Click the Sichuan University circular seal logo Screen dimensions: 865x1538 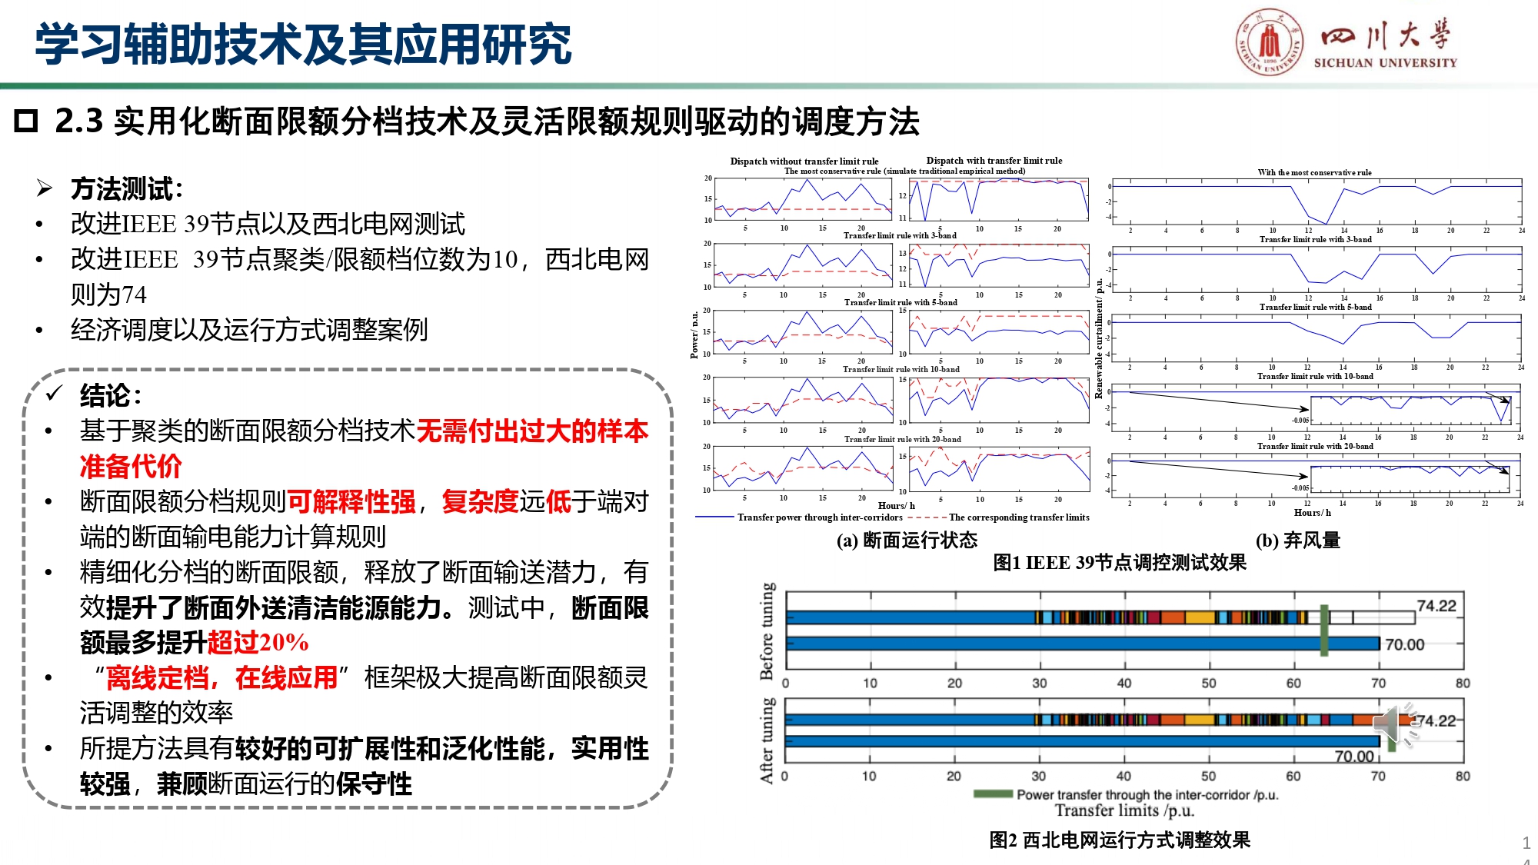point(1270,42)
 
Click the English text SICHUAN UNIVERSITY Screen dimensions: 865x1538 point(1385,63)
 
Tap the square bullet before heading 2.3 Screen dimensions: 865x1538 point(26,121)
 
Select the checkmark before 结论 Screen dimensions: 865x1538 point(54,394)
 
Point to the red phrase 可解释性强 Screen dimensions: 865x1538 point(351,502)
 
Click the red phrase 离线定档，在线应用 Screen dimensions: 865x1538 point(221,677)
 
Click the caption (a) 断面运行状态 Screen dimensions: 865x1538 point(907,541)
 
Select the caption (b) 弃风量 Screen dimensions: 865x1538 point(1297,541)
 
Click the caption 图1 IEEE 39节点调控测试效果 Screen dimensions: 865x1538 point(1119,563)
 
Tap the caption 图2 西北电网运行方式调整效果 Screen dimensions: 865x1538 point(1119,840)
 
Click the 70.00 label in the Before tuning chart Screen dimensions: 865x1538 point(1404,644)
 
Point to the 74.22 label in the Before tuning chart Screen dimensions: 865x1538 point(1436,606)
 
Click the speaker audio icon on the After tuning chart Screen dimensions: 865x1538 point(1393,724)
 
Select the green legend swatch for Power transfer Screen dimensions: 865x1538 point(993,793)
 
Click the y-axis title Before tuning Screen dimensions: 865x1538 point(767,631)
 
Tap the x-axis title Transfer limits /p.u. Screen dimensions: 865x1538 point(1124,810)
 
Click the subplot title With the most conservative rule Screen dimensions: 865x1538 point(1314,172)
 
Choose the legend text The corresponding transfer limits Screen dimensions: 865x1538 point(1018,517)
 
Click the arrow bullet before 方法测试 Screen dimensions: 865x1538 point(45,188)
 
